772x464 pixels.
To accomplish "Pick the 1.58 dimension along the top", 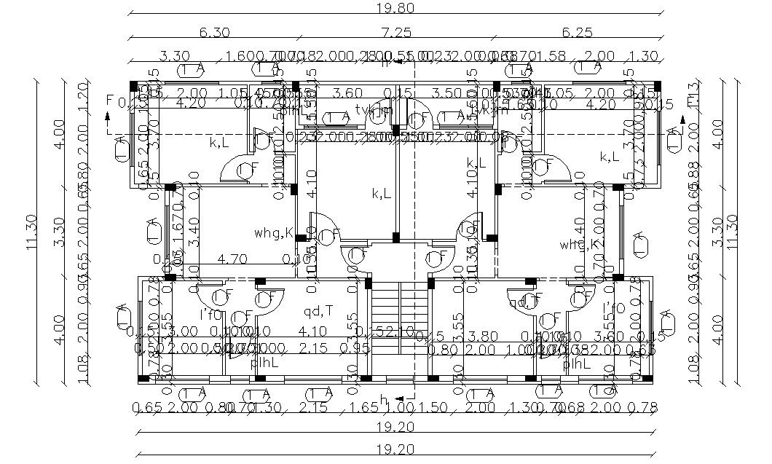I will tap(550, 56).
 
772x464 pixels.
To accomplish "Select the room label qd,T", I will tap(318, 311).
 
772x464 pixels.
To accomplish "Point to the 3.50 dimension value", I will tap(446, 93).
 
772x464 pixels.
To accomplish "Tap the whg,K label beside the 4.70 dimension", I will tap(274, 233).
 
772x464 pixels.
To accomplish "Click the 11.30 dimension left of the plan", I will tap(31, 232).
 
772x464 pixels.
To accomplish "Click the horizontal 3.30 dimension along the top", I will tap(175, 56).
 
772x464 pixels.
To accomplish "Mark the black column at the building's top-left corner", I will tap(133, 85).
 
